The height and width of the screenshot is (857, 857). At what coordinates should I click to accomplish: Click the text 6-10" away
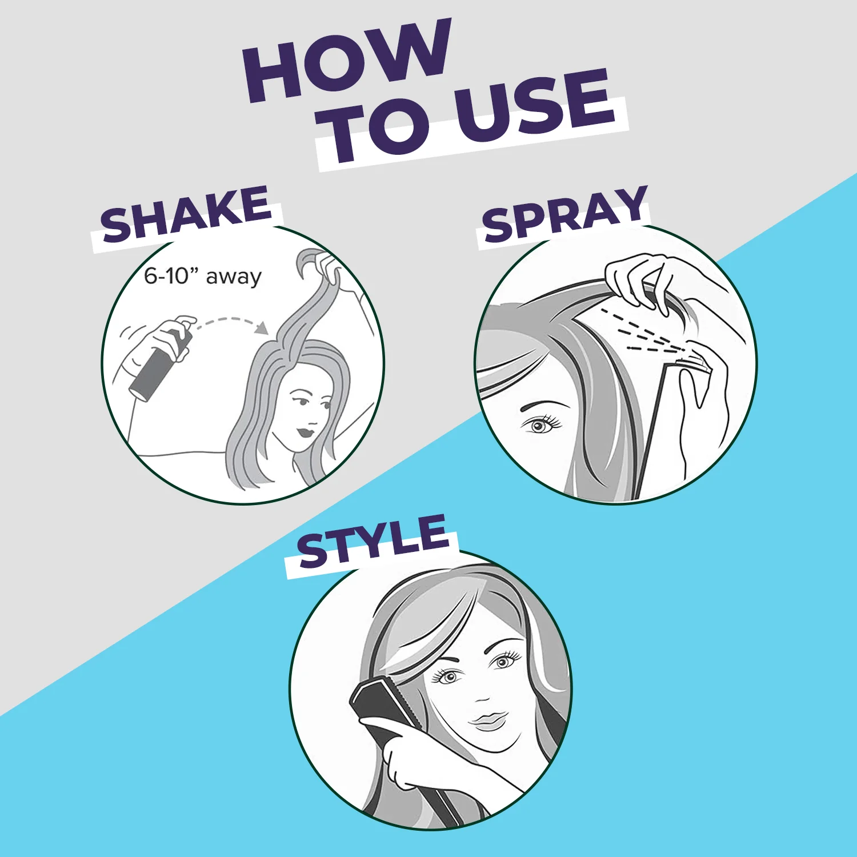(202, 276)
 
